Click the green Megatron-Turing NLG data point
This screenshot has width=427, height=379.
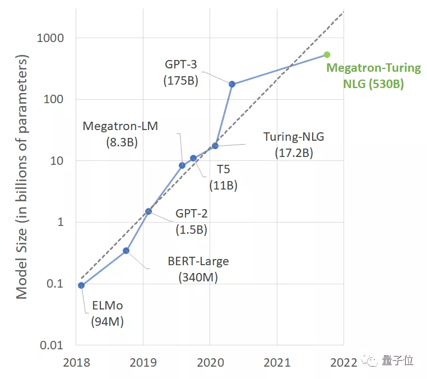click(x=327, y=54)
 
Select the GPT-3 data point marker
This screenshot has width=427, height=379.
click(x=232, y=84)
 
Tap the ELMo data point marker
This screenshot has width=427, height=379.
click(x=81, y=285)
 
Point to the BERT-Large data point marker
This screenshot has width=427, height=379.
click(x=126, y=251)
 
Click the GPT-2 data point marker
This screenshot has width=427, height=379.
click(x=148, y=211)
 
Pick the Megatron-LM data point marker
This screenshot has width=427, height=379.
click(x=182, y=165)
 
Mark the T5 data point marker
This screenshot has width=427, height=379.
click(x=193, y=158)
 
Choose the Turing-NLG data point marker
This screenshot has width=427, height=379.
click(x=215, y=146)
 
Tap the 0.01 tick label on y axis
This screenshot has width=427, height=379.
click(x=52, y=345)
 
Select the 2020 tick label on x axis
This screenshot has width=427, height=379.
click(x=210, y=362)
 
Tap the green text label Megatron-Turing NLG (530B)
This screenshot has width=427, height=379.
click(x=373, y=76)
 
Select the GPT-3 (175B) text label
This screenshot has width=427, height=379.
click(x=180, y=72)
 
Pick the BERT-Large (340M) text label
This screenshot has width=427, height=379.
click(x=198, y=269)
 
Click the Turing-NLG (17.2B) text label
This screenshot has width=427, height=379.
click(x=294, y=145)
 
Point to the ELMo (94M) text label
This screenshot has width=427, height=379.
click(x=108, y=314)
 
